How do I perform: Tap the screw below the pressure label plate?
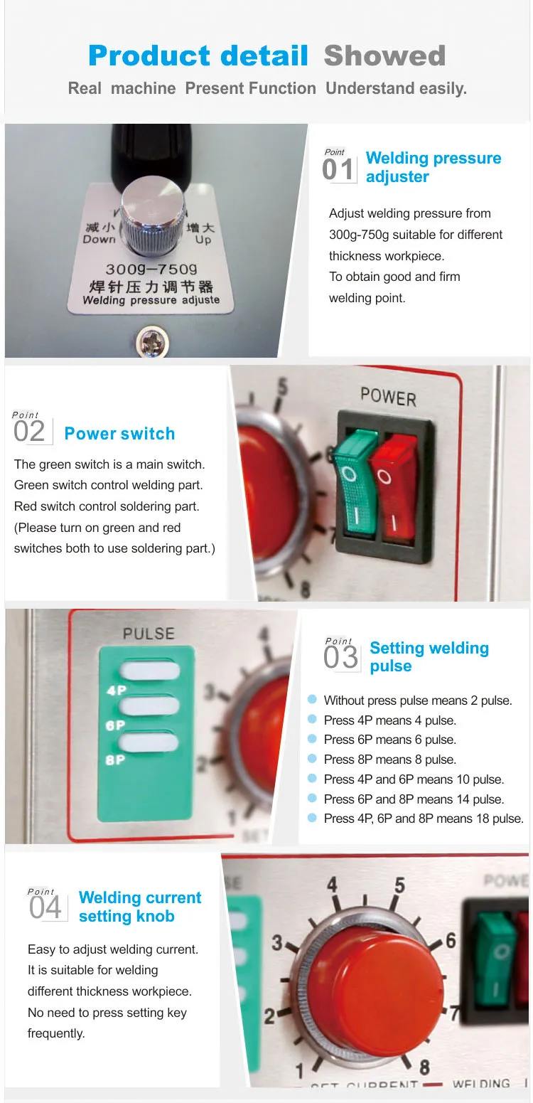click(152, 343)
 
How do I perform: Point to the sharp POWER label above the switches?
click(388, 395)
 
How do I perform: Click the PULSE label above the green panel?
click(148, 633)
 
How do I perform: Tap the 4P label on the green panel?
click(116, 690)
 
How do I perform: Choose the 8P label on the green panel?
click(116, 760)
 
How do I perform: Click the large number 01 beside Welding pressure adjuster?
click(338, 171)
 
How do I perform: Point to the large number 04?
click(45, 908)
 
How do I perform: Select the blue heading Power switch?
click(119, 434)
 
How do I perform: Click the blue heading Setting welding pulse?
click(429, 657)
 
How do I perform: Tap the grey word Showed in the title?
click(384, 56)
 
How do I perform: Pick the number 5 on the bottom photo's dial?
click(399, 885)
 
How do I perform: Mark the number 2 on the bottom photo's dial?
click(270, 1016)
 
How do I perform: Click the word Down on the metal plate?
click(99, 240)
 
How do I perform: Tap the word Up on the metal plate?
click(203, 240)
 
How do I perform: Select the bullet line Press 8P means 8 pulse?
click(389, 760)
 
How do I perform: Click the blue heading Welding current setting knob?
click(139, 907)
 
